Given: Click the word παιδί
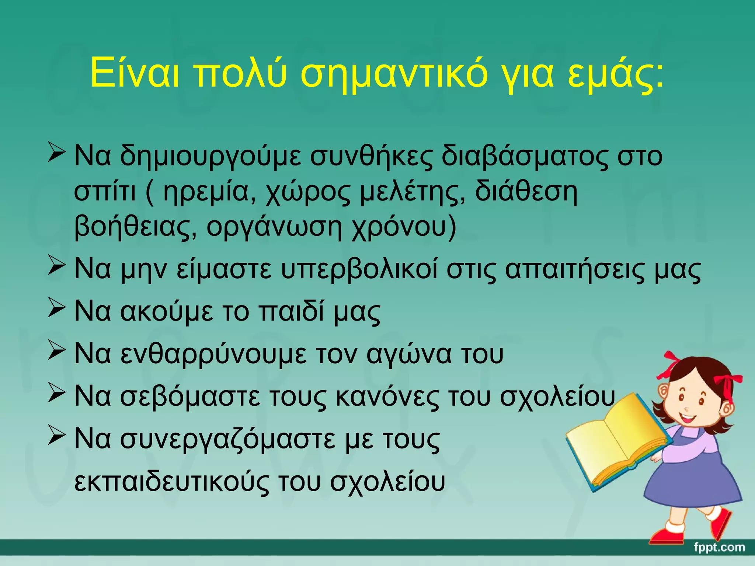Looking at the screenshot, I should coord(291,311).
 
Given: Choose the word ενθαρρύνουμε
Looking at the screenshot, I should coord(213,354).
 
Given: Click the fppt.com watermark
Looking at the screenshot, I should coord(719,548).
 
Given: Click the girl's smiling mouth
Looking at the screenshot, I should coord(688,419).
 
